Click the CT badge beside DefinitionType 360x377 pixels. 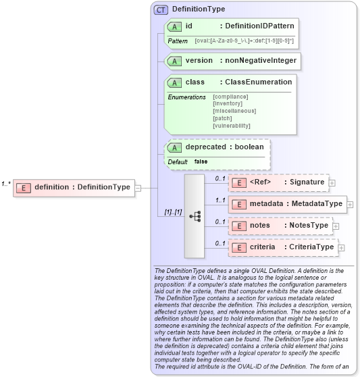(x=161, y=9)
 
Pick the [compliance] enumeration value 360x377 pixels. (x=230, y=97)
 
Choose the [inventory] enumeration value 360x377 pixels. (x=228, y=103)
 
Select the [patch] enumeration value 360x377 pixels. (x=222, y=118)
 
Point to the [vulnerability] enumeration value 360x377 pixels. (x=232, y=126)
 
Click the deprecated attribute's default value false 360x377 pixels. (x=201, y=161)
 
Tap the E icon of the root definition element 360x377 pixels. (x=24, y=187)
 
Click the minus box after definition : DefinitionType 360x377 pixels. (x=138, y=187)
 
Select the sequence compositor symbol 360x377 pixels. (x=195, y=216)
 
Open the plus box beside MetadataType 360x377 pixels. (x=350, y=203)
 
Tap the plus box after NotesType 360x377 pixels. (x=336, y=225)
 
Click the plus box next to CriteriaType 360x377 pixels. (x=341, y=247)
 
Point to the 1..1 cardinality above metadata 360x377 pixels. (x=220, y=200)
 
